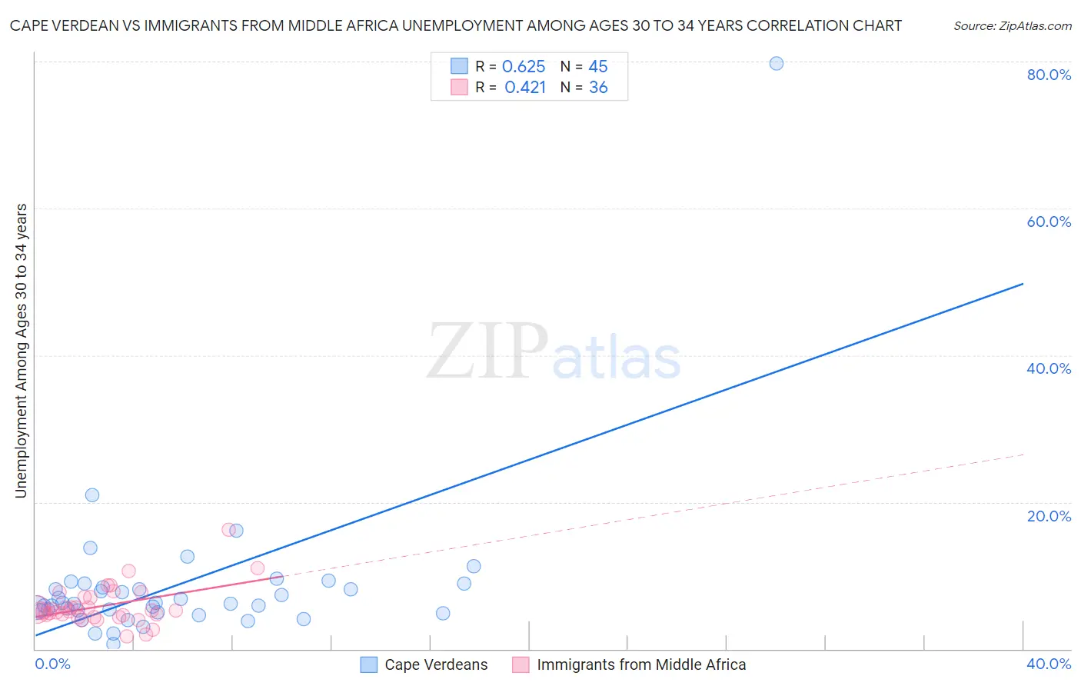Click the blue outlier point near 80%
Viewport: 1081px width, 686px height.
point(777,63)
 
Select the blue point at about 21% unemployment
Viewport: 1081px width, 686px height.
point(92,495)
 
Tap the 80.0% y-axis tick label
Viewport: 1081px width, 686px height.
point(1049,75)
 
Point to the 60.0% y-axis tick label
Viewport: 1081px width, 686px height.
point(1049,221)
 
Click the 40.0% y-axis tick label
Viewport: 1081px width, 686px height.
point(1049,368)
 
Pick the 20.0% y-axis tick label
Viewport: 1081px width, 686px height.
point(1049,516)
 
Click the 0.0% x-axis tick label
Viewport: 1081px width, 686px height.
point(53,664)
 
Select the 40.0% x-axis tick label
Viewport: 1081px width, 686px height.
point(1049,664)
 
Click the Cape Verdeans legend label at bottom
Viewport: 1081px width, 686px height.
point(436,664)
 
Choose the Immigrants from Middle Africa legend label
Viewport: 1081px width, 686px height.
point(641,664)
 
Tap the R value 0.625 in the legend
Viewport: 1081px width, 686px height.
point(524,67)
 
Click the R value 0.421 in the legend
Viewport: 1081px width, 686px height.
point(525,88)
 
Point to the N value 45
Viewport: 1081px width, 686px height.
point(598,67)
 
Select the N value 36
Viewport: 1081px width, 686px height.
point(598,88)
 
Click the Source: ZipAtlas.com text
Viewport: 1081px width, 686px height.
point(1012,26)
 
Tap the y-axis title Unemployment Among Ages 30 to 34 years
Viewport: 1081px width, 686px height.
point(22,351)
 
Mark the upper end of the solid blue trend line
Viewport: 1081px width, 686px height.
point(1023,284)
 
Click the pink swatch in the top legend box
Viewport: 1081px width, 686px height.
point(459,87)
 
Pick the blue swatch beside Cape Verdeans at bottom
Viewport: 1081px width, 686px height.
point(369,664)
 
